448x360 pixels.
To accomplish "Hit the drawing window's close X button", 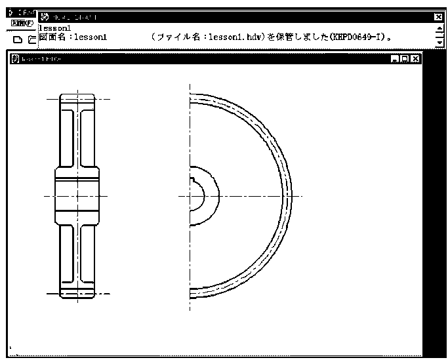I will point(415,59).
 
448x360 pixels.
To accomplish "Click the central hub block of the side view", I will point(77,195).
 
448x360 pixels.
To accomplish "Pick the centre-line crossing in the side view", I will point(77,195).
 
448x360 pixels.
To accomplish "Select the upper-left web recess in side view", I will point(67,138).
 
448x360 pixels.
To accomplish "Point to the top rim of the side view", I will point(77,96).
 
